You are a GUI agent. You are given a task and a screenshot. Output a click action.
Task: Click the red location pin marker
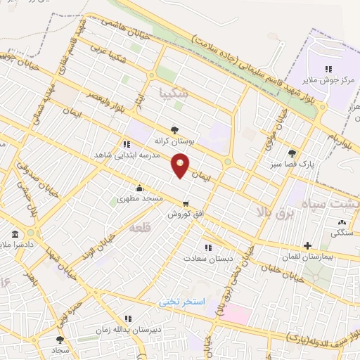point(181,166)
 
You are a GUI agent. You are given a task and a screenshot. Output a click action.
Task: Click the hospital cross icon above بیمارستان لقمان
point(308,245)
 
